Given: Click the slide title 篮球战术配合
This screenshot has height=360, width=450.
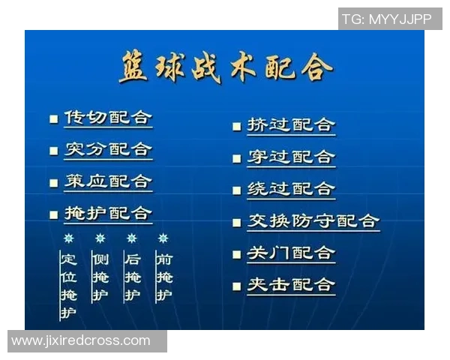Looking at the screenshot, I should coord(225,68).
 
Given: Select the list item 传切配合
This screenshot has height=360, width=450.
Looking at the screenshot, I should coord(108,118).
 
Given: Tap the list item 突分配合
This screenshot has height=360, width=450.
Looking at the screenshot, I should coord(108,149).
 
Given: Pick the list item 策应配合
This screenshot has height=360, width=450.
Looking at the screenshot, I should coord(108,181).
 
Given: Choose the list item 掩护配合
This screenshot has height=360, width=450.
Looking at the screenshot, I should coord(108,213).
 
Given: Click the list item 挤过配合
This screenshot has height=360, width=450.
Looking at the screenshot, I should coord(291,124).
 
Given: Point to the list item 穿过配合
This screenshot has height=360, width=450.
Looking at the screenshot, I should coord(291,157).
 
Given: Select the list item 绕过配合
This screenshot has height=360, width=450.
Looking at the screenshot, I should coord(291,188).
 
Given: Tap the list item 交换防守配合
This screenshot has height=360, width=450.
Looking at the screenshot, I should coord(313,220).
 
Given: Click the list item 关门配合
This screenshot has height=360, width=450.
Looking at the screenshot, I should coord(291,253).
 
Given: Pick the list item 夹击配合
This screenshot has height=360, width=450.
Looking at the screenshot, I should coord(291,285).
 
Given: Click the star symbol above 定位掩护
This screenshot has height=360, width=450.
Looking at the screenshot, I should coord(69,238).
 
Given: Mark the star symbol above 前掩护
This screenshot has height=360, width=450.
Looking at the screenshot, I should coord(163,238).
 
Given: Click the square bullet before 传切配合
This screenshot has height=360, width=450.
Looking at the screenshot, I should coord(53,119).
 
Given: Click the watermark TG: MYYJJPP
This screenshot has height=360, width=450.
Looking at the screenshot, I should coord(387,19).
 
